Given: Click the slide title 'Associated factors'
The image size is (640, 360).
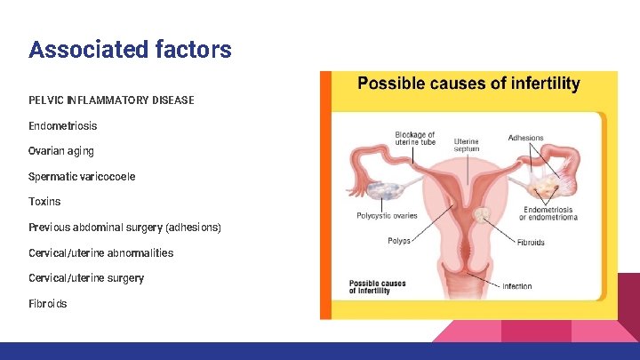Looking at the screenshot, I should pos(130,49).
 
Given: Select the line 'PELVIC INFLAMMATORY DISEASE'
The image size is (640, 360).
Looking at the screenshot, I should pos(111,100).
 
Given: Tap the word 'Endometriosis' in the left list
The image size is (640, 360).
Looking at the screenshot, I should pos(63,126).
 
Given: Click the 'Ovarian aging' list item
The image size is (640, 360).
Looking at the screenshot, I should pos(61,151).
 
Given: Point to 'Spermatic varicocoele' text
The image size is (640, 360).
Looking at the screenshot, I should pos(82,177).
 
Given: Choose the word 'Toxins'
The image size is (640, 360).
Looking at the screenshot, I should pos(44,202).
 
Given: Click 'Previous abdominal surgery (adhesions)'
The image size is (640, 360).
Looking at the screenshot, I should pos(124,228).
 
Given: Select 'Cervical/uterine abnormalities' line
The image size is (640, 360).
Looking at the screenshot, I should pos(100,252).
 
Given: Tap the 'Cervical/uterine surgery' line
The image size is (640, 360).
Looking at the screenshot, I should pos(86,278).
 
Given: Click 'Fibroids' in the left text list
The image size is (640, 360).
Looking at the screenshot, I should pos(47,304).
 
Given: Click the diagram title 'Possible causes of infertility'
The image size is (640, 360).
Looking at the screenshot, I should pos(468,84).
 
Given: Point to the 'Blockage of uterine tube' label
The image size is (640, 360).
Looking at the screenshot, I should pos(415,139).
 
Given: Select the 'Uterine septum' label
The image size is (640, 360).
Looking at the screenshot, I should pos(466,145).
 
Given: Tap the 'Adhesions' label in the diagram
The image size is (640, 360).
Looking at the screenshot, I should pos(525,138).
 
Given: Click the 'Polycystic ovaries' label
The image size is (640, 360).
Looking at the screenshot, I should pos(387,216).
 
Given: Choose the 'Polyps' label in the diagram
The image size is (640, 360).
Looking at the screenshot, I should pos(399,241).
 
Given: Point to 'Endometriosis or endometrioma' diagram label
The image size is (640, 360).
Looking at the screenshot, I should pos(548,213).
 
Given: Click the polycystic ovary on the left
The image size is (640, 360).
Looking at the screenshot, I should pos(384,189).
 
